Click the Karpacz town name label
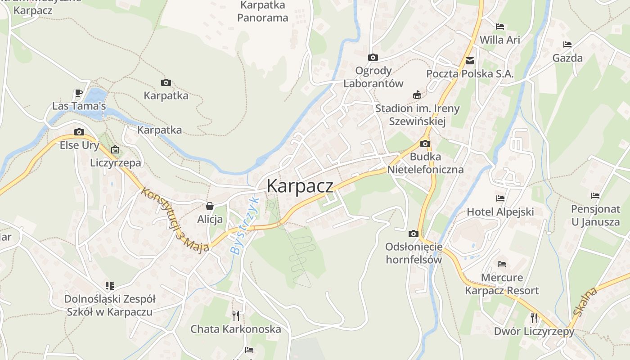pyautogui.click(x=300, y=186)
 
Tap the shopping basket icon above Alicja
pyautogui.click(x=210, y=206)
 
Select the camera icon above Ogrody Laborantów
pyautogui.click(x=373, y=57)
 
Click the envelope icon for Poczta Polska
pyautogui.click(x=470, y=60)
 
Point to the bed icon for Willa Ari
pyautogui.click(x=499, y=27)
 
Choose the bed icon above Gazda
pyautogui.click(x=567, y=45)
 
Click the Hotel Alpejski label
pyautogui.click(x=500, y=212)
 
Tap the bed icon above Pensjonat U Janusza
pyautogui.click(x=595, y=196)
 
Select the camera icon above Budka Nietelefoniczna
pyautogui.click(x=425, y=144)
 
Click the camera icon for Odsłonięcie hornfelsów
pyautogui.click(x=413, y=234)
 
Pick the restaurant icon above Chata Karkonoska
pyautogui.click(x=236, y=315)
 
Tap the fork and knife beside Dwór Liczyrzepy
pyautogui.click(x=534, y=318)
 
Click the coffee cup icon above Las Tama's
pyautogui.click(x=79, y=93)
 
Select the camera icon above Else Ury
pyautogui.click(x=79, y=132)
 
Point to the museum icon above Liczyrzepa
pyautogui.click(x=115, y=149)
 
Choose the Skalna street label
pyautogui.click(x=585, y=301)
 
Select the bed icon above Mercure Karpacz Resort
pyautogui.click(x=502, y=264)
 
